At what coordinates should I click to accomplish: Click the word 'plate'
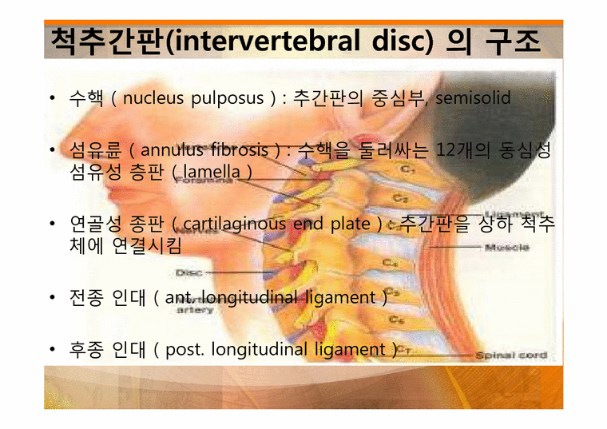tap(349, 224)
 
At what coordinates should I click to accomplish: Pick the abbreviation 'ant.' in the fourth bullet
tap(178, 298)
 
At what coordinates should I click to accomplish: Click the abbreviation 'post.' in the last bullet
tap(181, 349)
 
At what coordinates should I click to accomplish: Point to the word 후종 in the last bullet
tap(86, 349)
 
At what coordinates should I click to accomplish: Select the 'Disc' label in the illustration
tap(188, 272)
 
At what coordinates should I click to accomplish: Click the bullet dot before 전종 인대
tap(51, 298)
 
